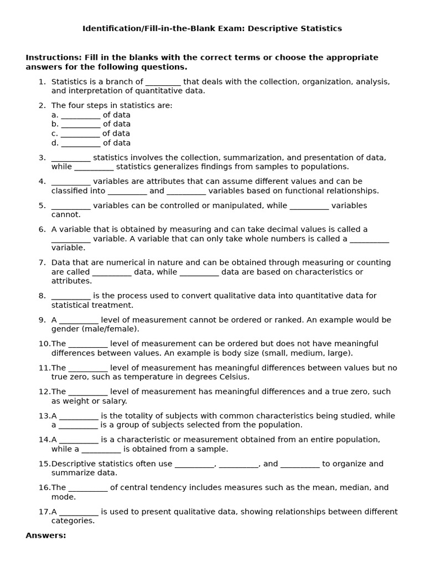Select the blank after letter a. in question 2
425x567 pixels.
point(80,115)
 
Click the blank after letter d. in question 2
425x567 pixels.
point(80,143)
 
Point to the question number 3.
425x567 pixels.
point(42,158)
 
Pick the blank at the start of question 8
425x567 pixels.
point(70,296)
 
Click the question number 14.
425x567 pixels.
point(44,440)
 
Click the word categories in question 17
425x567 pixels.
point(72,521)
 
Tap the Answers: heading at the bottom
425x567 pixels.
point(45,535)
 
